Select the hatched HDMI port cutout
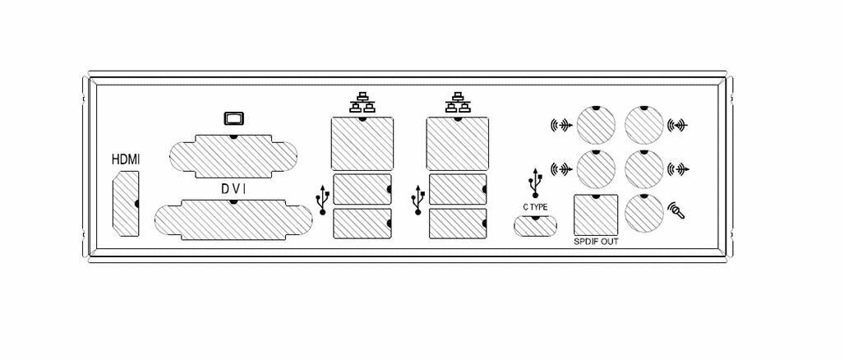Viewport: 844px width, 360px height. coord(125,205)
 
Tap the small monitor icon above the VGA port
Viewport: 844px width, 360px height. coord(234,118)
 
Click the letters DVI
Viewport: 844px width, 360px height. coord(234,189)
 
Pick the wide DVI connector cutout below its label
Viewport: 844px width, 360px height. coord(234,219)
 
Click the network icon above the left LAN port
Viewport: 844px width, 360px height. coord(362,103)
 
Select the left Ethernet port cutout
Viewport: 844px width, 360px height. coord(362,143)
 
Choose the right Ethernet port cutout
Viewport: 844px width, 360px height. coord(457,143)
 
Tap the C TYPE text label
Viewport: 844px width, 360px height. coord(535,207)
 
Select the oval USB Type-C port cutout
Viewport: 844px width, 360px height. coord(535,224)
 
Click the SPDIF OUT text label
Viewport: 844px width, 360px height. coord(596,243)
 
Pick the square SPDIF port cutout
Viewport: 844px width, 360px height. coord(595,216)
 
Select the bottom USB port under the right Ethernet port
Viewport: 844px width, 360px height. coord(457,224)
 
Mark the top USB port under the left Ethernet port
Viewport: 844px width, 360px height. coord(362,189)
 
